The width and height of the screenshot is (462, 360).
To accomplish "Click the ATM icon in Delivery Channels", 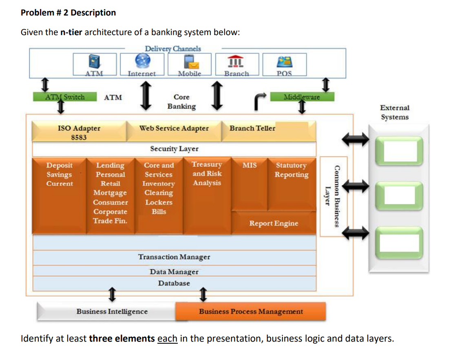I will (x=94, y=62).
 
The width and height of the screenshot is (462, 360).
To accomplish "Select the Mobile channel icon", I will (x=190, y=62).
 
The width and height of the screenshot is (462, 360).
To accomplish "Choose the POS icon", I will (x=284, y=62).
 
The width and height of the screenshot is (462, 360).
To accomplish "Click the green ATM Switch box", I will (x=65, y=97).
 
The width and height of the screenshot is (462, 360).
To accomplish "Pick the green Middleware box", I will (x=301, y=97).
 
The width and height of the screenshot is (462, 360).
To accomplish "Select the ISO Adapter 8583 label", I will (x=79, y=132).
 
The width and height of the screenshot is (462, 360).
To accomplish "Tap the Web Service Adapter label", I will (x=174, y=128).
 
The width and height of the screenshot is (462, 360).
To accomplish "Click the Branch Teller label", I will (x=252, y=128).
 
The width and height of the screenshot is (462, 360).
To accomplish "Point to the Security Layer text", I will (x=174, y=149).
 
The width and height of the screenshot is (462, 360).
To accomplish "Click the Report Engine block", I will (x=274, y=223).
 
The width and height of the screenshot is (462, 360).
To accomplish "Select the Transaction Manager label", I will (x=174, y=257).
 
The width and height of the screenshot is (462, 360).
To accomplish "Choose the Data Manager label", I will (x=174, y=272).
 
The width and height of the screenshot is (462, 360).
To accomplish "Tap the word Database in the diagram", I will (x=174, y=283).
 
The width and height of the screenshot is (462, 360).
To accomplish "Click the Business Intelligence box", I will (x=112, y=311).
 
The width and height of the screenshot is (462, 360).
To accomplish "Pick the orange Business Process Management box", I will (x=251, y=311).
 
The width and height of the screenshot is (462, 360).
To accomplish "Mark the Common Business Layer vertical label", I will (x=334, y=196).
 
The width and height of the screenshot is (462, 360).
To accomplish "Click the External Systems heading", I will (x=394, y=113).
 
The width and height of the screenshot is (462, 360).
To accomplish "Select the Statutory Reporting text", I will (x=291, y=170).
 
